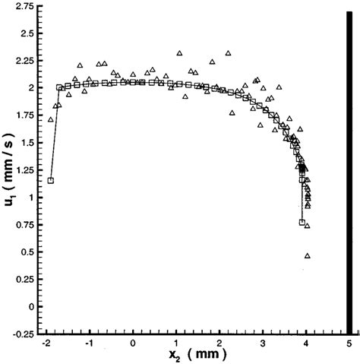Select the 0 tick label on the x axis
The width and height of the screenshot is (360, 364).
[x=133, y=343]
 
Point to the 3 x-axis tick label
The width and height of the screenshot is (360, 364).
[x=263, y=343]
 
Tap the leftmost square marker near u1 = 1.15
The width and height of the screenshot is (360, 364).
[x=50, y=181]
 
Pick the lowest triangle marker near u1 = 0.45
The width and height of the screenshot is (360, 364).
[x=308, y=256]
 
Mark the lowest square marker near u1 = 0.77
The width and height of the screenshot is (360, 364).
[x=302, y=223]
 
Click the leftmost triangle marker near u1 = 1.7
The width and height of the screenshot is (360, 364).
[x=50, y=120]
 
